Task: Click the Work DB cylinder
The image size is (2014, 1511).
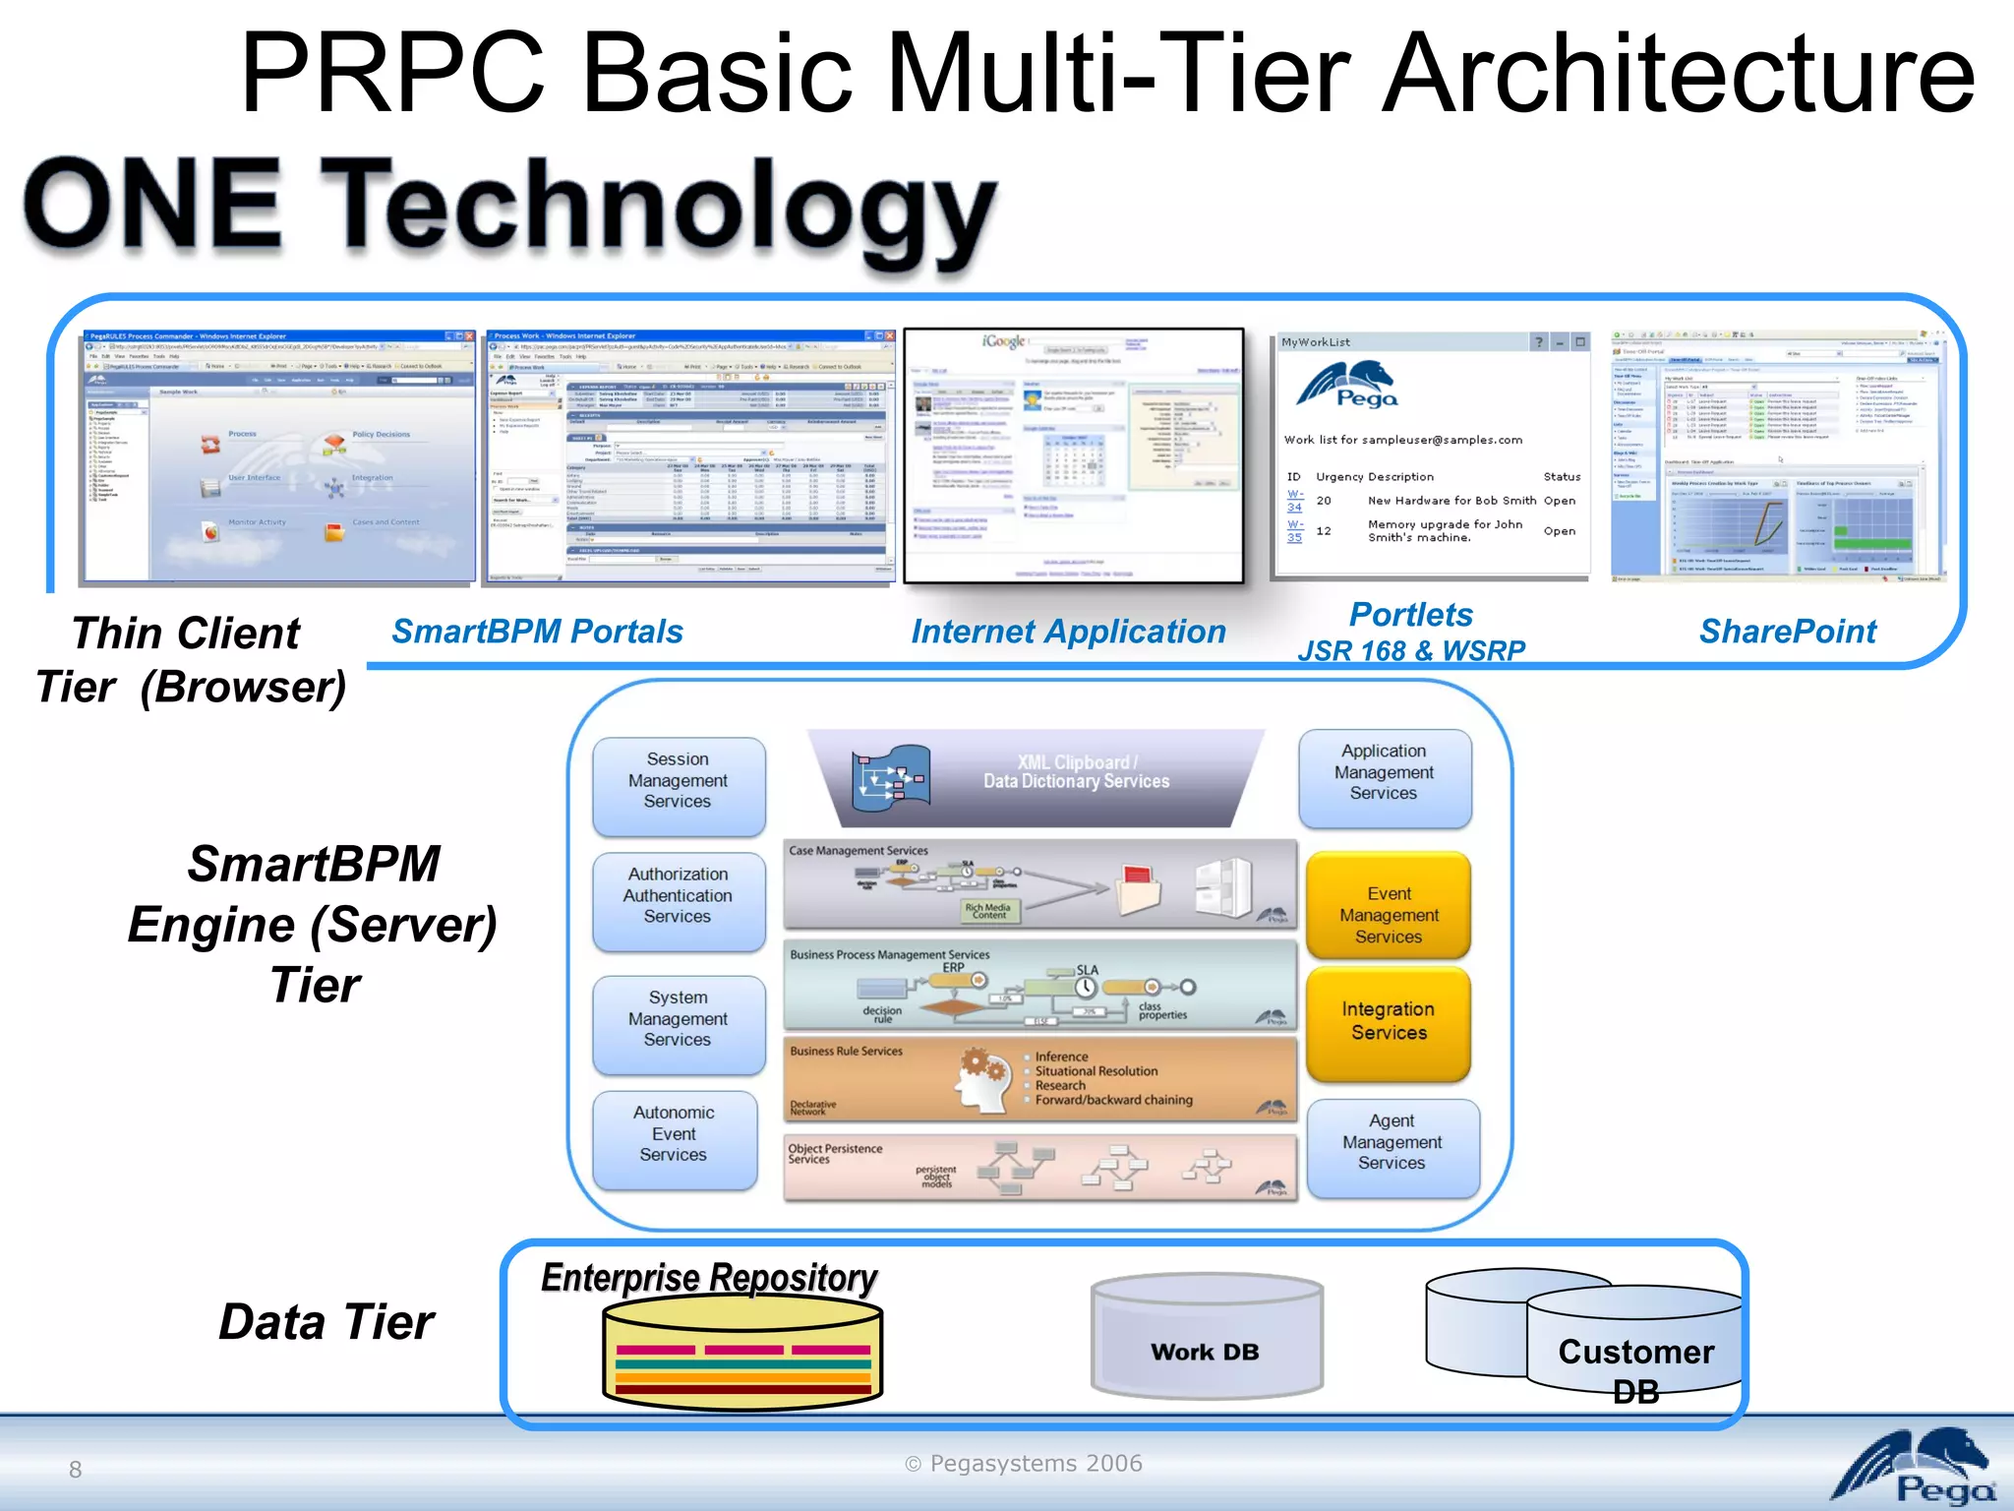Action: click(1207, 1339)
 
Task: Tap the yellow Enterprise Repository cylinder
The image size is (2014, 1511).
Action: click(742, 1353)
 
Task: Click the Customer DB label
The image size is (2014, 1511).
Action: click(1636, 1367)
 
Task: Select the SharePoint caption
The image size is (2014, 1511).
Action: click(1788, 632)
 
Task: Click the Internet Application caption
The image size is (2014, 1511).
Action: click(1068, 632)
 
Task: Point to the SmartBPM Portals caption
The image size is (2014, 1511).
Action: click(537, 632)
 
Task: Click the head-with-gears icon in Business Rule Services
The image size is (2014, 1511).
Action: click(983, 1080)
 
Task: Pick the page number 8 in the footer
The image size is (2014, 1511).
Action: click(75, 1470)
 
